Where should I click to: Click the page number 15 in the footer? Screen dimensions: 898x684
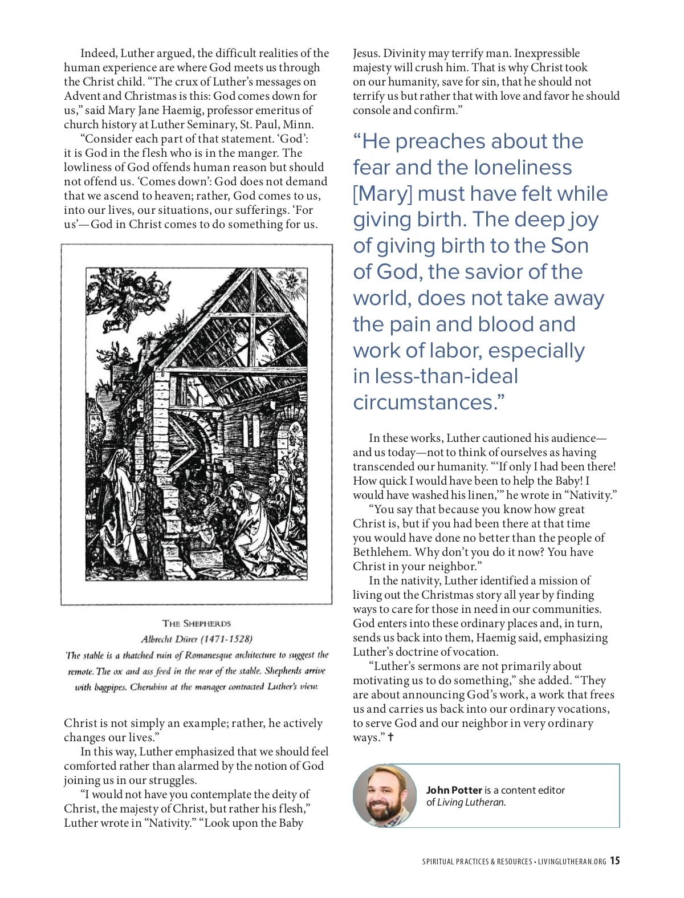(x=614, y=861)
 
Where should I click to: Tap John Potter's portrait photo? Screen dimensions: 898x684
(x=384, y=796)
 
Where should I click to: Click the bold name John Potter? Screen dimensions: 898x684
(x=454, y=790)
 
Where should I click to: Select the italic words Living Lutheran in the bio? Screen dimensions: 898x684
(x=471, y=803)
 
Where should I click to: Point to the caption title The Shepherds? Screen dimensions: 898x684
(x=197, y=624)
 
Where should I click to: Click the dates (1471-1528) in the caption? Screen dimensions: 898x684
(x=226, y=639)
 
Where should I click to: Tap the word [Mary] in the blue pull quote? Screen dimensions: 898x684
(x=382, y=194)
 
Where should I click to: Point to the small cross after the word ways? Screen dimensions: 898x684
(x=390, y=737)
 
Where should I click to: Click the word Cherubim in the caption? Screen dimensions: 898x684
(x=148, y=687)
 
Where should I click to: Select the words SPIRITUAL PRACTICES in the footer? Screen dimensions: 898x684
(x=455, y=862)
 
